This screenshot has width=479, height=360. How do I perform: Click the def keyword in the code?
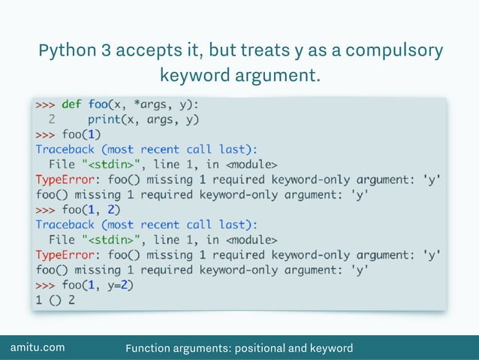click(x=71, y=104)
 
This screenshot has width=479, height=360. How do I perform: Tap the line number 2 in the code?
click(x=51, y=119)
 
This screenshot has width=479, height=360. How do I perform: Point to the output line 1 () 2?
click(x=56, y=300)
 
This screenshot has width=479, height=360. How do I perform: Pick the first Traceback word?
click(x=65, y=149)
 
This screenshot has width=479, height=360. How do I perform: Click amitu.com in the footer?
click(x=37, y=347)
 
